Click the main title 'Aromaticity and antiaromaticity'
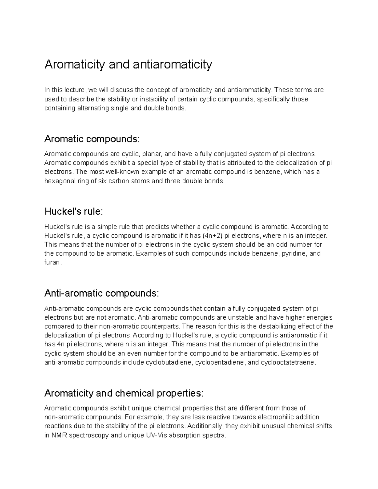pyautogui.click(x=128, y=65)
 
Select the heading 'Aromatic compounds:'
pyautogui.click(x=92, y=139)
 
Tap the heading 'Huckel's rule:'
pyautogui.click(x=74, y=212)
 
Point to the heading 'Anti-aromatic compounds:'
pyautogui.click(x=102, y=293)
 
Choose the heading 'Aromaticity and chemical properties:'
pyautogui.click(x=124, y=393)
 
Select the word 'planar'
pyautogui.click(x=152, y=154)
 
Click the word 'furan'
pyautogui.click(x=52, y=263)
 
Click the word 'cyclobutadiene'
pyautogui.click(x=169, y=362)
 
